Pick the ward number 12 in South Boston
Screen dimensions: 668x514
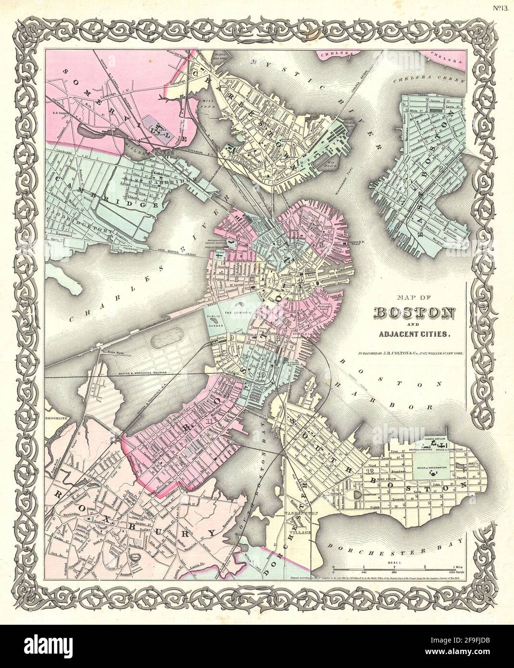pyautogui.click(x=370, y=471)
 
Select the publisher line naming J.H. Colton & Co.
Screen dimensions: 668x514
pyautogui.click(x=412, y=353)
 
